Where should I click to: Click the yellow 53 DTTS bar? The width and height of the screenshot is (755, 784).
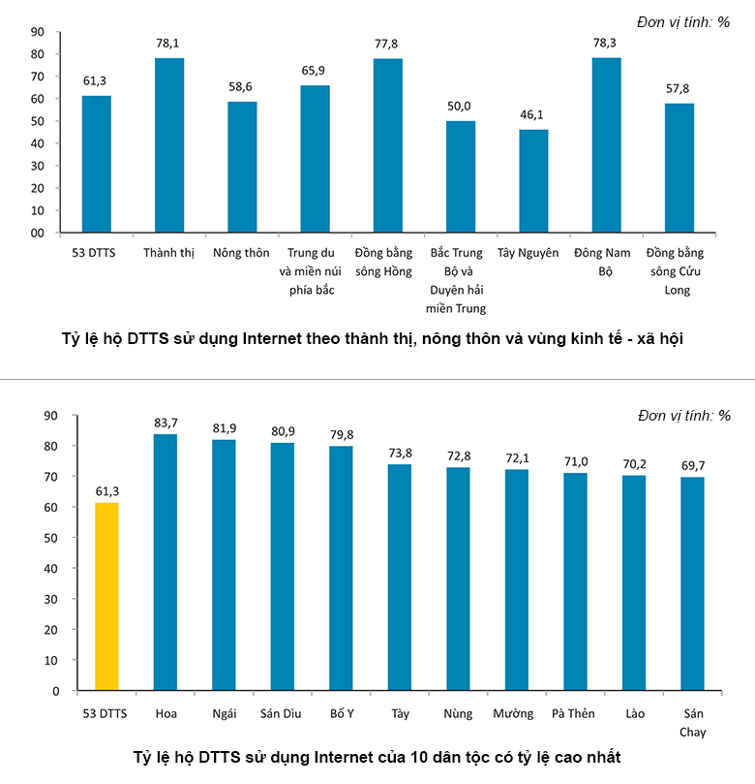tap(106, 596)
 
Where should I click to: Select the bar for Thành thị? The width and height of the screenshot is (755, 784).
tap(169, 145)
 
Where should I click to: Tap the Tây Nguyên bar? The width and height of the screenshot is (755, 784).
tap(533, 181)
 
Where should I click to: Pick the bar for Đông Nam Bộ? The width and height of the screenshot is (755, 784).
tap(607, 145)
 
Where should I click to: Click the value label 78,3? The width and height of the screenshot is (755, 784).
tap(607, 44)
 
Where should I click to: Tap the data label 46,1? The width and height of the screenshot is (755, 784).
tap(533, 115)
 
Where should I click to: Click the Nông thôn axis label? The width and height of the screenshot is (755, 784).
tap(242, 253)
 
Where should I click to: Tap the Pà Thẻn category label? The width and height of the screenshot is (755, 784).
tap(574, 714)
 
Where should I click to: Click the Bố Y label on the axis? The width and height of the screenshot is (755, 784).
tap(341, 714)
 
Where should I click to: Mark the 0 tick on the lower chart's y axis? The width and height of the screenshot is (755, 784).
tap(56, 691)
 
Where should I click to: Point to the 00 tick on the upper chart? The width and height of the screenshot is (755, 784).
tap(38, 233)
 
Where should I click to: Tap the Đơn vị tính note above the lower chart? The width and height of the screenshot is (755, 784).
tap(684, 416)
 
